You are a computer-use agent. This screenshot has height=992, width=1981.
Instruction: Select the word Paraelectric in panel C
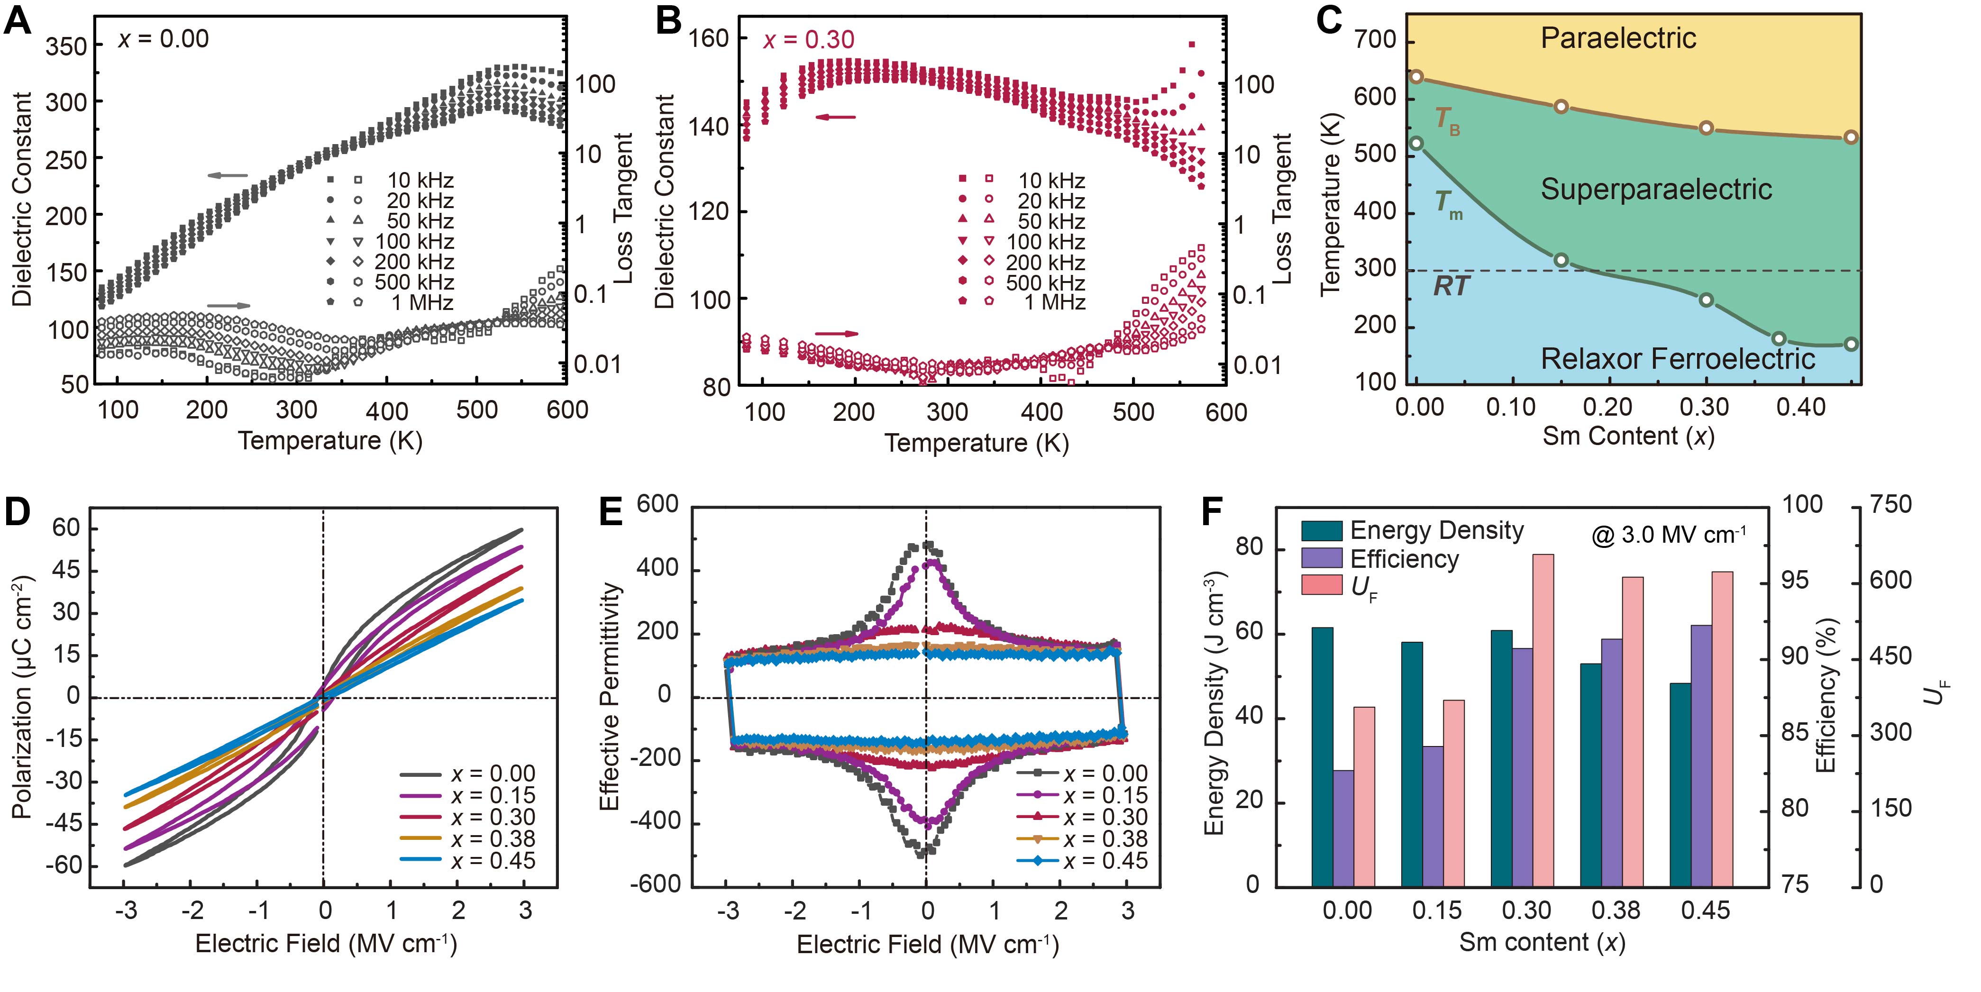tap(1617, 38)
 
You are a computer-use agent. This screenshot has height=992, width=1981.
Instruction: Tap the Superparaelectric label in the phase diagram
tap(1656, 189)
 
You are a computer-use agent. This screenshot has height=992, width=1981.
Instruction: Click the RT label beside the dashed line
tap(1451, 286)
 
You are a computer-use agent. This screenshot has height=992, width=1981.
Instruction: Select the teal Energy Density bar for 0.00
tap(1322, 757)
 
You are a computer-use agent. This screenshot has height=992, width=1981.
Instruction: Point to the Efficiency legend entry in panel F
tap(1404, 559)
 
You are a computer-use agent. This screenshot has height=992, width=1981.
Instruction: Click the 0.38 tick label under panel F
tap(1616, 910)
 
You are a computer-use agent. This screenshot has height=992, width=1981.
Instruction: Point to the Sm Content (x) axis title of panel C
tap(1628, 436)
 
